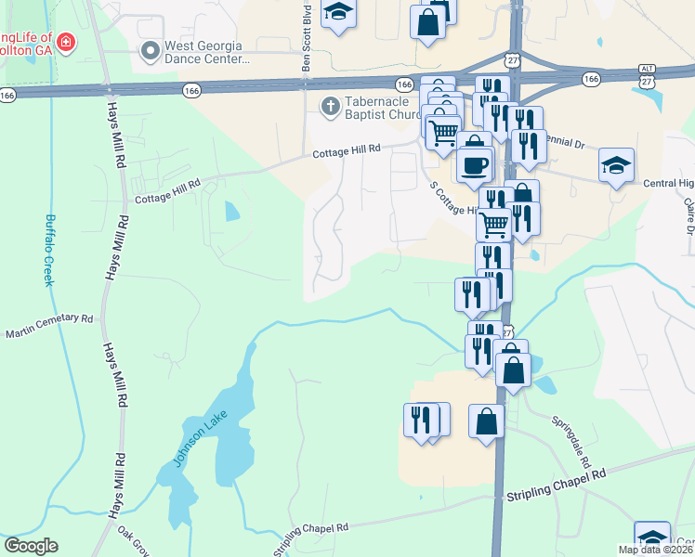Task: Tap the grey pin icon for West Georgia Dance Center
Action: pos(149,52)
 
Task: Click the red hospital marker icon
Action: pos(65,42)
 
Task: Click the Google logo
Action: pos(31,546)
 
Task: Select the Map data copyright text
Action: pos(656,550)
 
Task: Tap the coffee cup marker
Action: pos(475,165)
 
